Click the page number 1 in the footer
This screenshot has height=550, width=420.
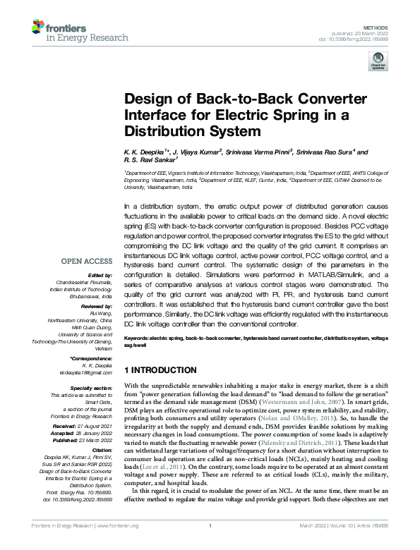[210, 544]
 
